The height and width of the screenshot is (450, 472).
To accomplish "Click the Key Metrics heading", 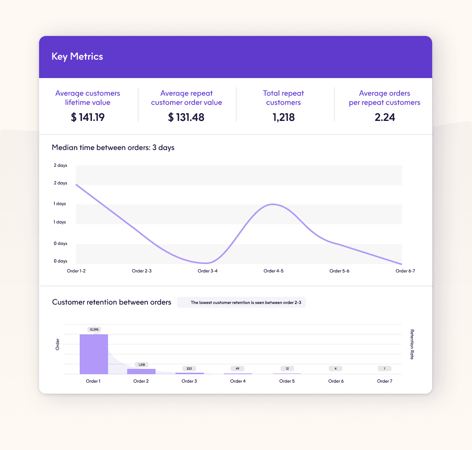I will pyautogui.click(x=77, y=57).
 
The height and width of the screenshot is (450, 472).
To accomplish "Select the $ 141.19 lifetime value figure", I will pyautogui.click(x=88, y=117).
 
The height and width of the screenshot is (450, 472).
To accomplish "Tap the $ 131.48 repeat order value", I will pyautogui.click(x=186, y=117).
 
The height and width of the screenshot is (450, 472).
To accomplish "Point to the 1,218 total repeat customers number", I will pyautogui.click(x=284, y=117).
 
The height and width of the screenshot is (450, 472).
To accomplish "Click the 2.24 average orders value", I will pyautogui.click(x=385, y=117).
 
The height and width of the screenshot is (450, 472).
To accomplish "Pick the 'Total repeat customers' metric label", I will pyautogui.click(x=284, y=98).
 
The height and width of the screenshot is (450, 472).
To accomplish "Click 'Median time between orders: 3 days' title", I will pyautogui.click(x=113, y=148).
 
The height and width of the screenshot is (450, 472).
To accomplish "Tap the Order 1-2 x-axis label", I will pyautogui.click(x=76, y=271).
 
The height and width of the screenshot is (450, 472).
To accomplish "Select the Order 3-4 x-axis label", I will pyautogui.click(x=208, y=271).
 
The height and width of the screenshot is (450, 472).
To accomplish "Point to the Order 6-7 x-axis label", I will pyautogui.click(x=405, y=271).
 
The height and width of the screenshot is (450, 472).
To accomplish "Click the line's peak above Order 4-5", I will pyautogui.click(x=273, y=204).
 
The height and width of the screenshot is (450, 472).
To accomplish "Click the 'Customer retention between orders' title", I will pyautogui.click(x=111, y=302).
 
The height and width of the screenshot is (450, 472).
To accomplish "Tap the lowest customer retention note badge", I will pyautogui.click(x=241, y=303).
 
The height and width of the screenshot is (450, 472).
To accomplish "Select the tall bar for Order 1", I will pyautogui.click(x=94, y=354).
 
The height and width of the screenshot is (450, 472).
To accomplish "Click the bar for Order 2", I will pyautogui.click(x=141, y=371).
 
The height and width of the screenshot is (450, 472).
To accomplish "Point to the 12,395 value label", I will pyautogui.click(x=94, y=329).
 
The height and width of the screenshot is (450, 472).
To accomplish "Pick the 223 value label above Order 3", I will pyautogui.click(x=189, y=368).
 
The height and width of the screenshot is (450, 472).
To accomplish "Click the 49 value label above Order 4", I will pyautogui.click(x=238, y=368).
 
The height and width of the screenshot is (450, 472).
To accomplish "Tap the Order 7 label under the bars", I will pyautogui.click(x=385, y=381).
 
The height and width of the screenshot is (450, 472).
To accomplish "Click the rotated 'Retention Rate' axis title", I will pyautogui.click(x=412, y=344).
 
